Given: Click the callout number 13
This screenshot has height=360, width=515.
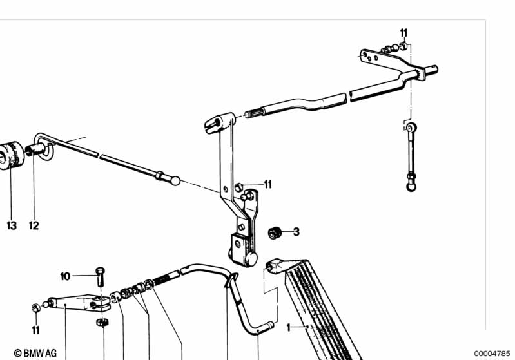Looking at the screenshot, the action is coord(12,225).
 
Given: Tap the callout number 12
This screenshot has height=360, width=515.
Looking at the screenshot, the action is coord(34,225).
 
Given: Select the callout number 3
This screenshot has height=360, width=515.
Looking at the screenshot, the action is coord(296,232).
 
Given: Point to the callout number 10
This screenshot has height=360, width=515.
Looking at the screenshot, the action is coord(65,276).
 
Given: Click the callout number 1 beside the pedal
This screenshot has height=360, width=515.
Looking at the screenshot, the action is coord(288,327).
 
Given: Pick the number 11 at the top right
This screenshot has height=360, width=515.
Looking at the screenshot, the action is coord(403,33).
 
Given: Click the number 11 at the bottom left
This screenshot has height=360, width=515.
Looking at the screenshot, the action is coord(36,330).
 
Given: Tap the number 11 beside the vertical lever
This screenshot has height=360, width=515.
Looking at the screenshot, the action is coord(268,185).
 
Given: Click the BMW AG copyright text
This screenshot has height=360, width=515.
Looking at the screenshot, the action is coord(35,353).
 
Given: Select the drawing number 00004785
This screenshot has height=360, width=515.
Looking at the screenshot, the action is coord(492,354).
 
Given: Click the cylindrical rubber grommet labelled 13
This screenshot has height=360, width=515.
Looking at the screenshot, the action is coord(11,156).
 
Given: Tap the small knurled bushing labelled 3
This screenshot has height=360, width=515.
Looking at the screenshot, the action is coord(275,232).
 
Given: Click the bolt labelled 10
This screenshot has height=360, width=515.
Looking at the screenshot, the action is coord(100,276).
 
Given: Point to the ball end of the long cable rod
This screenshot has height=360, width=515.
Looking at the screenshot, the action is coord(175,180).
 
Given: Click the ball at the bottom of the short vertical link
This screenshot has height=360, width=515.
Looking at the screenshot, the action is coord(411,187).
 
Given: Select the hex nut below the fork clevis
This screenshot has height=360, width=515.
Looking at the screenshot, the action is coord(102,322).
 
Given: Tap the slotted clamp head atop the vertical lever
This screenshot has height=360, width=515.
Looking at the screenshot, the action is coord(219,122).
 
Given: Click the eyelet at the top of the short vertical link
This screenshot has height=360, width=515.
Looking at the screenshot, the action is coord(411,127).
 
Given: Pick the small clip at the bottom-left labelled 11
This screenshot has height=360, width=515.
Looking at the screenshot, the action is coord(36,307).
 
